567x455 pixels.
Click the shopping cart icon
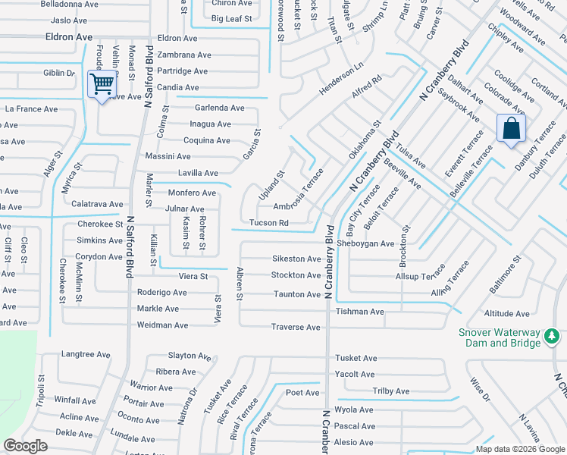pyautogui.click(x=101, y=83)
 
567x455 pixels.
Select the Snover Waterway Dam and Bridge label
pyautogui.click(x=500, y=337)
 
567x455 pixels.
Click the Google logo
pyautogui.click(x=26, y=446)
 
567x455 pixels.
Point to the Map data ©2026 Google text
pyautogui.click(x=519, y=449)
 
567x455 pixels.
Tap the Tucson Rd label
pyautogui.click(x=269, y=223)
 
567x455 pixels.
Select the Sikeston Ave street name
pyautogui.click(x=296, y=259)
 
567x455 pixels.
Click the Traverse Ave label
pyautogui.click(x=296, y=327)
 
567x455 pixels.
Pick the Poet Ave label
pyautogui.click(x=302, y=393)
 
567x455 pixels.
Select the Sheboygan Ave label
pyautogui.click(x=367, y=243)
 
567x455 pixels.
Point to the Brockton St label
pyautogui.click(x=406, y=246)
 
